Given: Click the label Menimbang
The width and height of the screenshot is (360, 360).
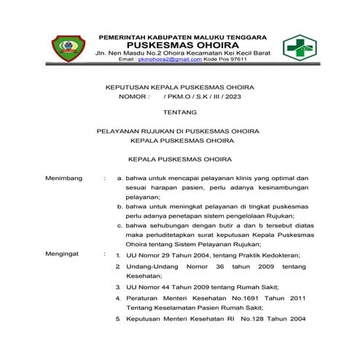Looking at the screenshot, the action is click(62, 177).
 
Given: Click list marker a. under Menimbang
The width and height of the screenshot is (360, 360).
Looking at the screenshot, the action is click(108, 177).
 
